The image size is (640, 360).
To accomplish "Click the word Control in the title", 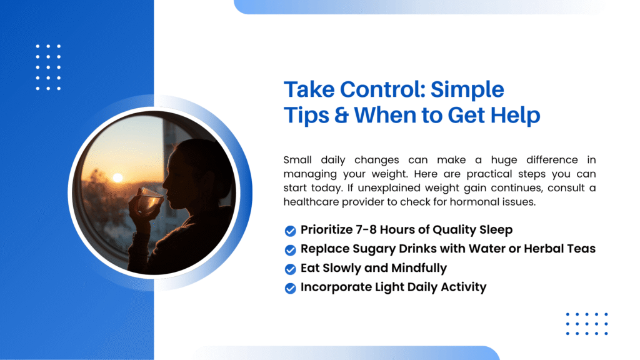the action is [x=383, y=89].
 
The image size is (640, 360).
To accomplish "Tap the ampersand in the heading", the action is [x=341, y=115].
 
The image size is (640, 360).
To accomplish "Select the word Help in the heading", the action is [x=515, y=115].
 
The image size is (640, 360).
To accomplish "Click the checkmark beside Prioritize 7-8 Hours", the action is [x=290, y=231].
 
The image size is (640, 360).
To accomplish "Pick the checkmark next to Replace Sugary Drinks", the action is [x=290, y=250].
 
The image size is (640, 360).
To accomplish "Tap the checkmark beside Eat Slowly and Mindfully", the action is [x=290, y=269].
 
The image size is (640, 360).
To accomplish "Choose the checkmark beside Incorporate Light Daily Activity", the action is [x=290, y=288].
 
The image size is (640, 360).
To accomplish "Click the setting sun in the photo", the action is [x=117, y=177].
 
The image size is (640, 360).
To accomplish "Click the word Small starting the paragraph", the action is [x=297, y=159].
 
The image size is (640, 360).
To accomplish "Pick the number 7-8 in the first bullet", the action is [x=366, y=230].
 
